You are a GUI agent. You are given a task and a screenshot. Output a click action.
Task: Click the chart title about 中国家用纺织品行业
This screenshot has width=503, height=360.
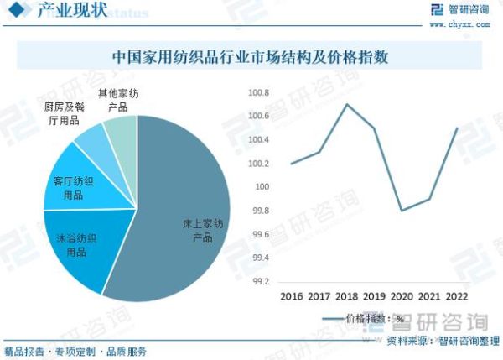point(251,58)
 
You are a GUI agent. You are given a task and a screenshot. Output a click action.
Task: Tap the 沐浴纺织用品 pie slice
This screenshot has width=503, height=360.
point(80,243)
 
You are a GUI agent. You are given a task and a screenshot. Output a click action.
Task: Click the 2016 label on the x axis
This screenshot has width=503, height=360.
point(291,297)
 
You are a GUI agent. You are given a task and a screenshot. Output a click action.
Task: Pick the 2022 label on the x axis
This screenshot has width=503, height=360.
point(457,297)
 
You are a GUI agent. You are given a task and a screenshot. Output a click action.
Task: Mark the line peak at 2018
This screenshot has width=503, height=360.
point(346,104)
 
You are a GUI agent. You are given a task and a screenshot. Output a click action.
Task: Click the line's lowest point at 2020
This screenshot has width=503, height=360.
point(402,210)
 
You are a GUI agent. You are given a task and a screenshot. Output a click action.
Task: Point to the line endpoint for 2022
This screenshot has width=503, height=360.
point(457,128)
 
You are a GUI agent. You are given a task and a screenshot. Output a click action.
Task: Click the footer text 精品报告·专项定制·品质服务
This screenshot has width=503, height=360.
point(75,351)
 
